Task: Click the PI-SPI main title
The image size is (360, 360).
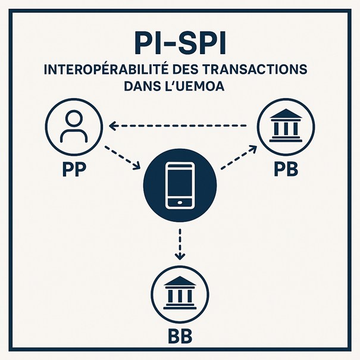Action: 180,43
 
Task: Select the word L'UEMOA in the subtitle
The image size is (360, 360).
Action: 195,86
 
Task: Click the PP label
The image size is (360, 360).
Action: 74,170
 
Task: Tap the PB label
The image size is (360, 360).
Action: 286,170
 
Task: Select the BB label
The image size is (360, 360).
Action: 180,336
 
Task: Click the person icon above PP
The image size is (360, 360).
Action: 74,127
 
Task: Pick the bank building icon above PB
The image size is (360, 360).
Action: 286,126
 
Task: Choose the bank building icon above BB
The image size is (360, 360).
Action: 180,293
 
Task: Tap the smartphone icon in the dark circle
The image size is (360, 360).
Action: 180,185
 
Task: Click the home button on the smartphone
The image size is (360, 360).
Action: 180,202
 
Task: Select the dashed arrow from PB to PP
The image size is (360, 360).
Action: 178,126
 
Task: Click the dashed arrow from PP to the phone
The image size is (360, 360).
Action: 123,158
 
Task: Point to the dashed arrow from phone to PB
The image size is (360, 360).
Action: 239,158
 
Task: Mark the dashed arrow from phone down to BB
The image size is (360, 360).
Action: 180,245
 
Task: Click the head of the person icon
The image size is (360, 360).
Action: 74,118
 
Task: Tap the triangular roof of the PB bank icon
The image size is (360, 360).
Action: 286,114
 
